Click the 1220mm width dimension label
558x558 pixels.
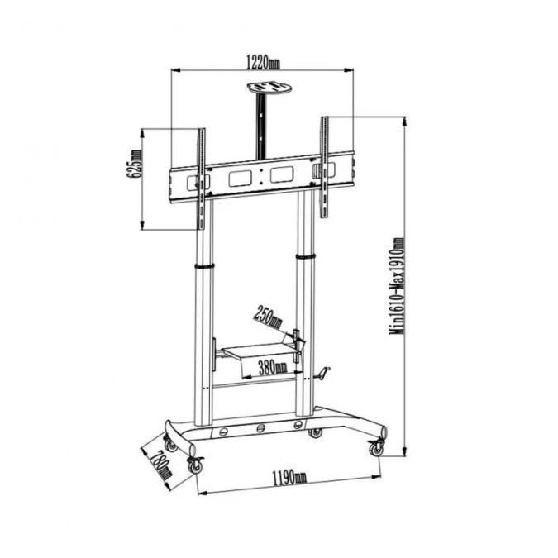(264, 61)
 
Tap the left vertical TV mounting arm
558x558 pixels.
(201, 178)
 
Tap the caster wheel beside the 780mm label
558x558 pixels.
(196, 465)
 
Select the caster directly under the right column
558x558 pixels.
(315, 432)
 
